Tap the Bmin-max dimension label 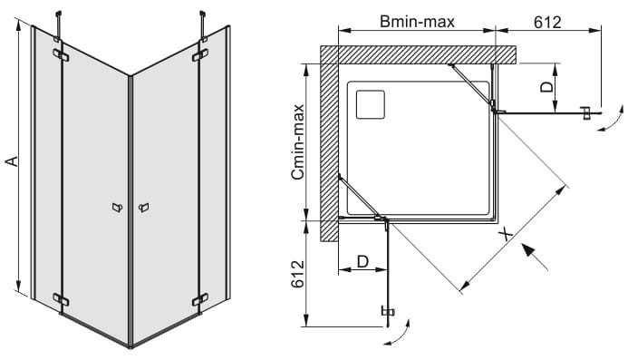418,22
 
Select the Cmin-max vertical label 298,141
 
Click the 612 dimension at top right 547,22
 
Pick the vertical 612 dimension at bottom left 298,274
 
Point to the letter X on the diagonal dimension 507,234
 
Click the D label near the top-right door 546,87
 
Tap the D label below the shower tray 362,262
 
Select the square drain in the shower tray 371,104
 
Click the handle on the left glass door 117,208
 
